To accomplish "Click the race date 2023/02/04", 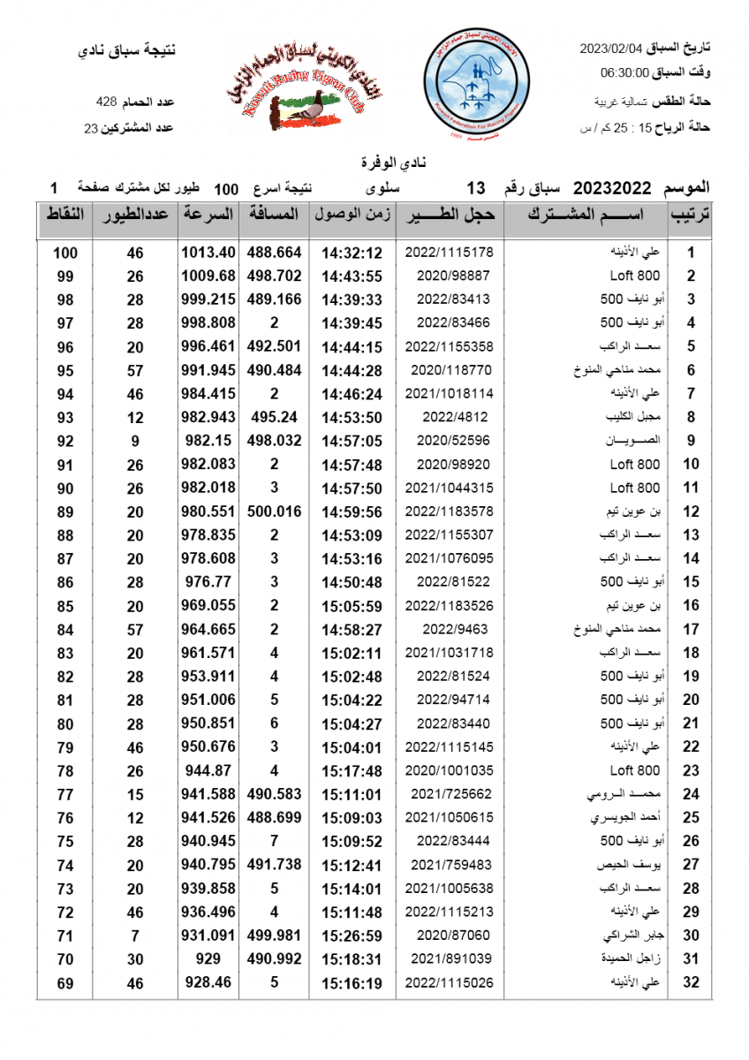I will click(x=609, y=49).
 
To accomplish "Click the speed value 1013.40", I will click(x=208, y=252).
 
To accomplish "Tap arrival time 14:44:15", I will click(x=352, y=346).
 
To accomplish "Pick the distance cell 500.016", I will click(x=274, y=511).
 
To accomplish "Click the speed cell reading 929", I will click(x=208, y=958).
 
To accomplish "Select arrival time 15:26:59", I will click(x=352, y=935).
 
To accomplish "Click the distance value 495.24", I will click(x=274, y=417).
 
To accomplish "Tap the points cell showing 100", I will click(x=65, y=253).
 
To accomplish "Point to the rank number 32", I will click(x=692, y=982).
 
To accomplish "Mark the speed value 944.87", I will click(x=208, y=770).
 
